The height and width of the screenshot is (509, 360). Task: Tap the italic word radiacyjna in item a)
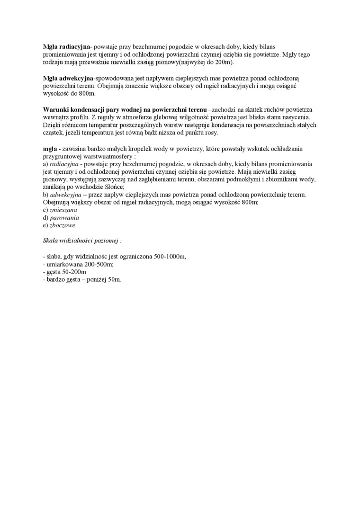click(x=63, y=163)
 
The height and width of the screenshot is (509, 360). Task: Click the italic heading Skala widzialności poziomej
click(x=81, y=241)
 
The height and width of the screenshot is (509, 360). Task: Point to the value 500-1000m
click(x=170, y=256)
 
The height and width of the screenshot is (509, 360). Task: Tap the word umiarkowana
click(x=63, y=264)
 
